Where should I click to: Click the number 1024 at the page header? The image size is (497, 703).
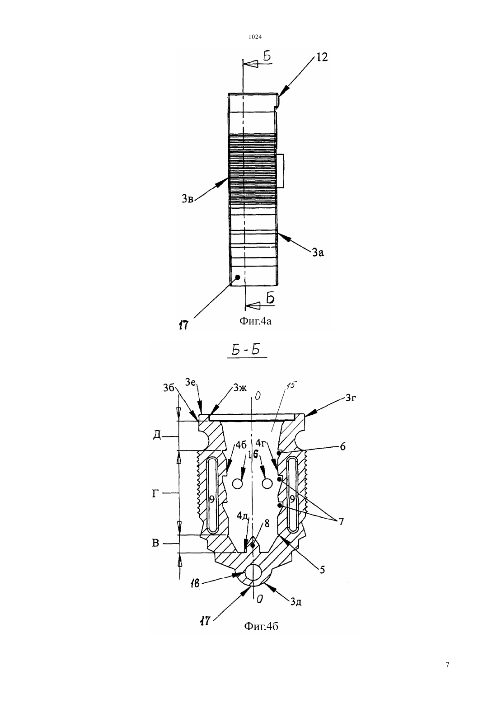pos(255,37)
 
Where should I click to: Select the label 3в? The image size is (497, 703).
pos(188,198)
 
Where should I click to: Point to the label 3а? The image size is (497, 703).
pos(318,252)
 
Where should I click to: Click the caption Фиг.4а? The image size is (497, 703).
pos(255,321)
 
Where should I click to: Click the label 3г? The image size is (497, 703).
pos(351,398)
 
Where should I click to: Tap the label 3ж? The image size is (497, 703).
pos(239,388)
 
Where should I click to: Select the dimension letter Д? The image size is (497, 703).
pos(157,435)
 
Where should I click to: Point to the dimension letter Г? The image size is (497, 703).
pos(155,494)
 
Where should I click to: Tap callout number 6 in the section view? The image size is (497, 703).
pos(342,446)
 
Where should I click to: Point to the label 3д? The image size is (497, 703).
pos(295,601)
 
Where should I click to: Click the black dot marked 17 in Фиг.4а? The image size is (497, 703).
pos(238,277)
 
